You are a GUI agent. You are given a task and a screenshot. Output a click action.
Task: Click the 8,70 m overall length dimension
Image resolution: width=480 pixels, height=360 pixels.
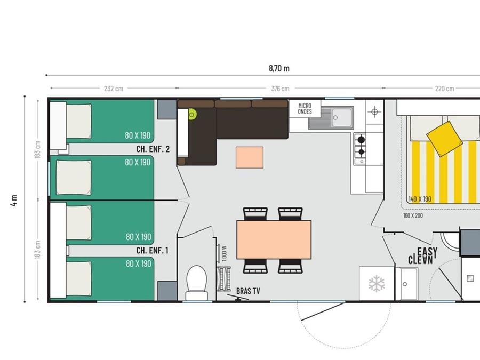click(279, 68)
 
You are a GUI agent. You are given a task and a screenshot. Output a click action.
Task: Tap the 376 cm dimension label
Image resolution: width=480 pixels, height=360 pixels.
click(280, 89)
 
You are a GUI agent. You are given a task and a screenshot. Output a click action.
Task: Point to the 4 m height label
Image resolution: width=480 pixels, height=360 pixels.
click(14, 201)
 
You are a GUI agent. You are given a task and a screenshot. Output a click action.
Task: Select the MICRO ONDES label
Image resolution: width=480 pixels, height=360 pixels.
click(305, 109)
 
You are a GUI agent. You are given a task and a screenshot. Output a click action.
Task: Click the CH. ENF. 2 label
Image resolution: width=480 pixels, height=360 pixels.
click(153, 149)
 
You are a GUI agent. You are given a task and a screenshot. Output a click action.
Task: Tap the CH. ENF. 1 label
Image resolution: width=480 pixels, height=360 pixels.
click(152, 251)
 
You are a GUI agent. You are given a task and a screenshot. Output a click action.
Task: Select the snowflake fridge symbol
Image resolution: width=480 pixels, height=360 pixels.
click(377, 284)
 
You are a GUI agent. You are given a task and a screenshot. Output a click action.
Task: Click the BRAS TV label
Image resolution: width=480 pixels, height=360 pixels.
click(248, 291)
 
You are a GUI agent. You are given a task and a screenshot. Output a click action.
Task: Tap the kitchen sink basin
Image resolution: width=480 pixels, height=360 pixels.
click(342, 117)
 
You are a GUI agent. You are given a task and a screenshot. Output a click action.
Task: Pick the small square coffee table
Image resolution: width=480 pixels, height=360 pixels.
click(250, 157)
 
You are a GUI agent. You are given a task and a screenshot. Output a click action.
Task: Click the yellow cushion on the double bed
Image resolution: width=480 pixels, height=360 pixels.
click(444, 139)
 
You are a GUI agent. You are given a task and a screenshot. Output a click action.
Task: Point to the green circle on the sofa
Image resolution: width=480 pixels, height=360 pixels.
click(192, 115)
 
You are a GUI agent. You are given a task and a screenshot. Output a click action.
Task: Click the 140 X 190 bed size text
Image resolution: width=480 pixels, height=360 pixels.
click(420, 199)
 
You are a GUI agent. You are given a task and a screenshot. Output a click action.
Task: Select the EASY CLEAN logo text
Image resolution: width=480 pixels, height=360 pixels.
click(423, 256)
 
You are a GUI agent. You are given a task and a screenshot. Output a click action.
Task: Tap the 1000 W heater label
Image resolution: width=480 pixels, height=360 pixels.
click(224, 253)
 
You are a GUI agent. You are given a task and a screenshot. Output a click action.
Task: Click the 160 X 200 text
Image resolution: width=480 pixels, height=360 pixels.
click(413, 215)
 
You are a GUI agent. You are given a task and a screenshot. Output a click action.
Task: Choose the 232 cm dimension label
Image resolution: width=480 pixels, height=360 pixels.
click(114, 89)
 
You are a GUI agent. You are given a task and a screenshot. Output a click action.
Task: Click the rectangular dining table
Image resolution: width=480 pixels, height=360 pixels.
click(274, 239)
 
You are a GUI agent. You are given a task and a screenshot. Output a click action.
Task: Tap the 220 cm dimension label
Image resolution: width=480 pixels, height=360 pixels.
click(444, 89)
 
